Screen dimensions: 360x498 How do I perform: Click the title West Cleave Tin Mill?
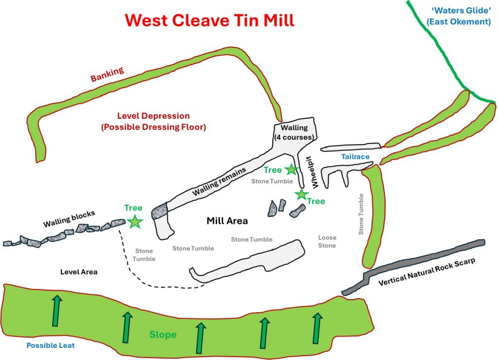pyautogui.click(x=210, y=20)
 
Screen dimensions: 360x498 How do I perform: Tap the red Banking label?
pyautogui.click(x=107, y=74)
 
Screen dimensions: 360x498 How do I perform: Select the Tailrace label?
pyautogui.click(x=355, y=157)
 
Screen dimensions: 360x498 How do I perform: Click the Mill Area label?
pyautogui.click(x=227, y=221)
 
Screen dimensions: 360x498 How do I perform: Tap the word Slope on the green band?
pyautogui.click(x=163, y=335)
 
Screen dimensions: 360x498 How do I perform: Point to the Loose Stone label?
pyautogui.click(x=327, y=242)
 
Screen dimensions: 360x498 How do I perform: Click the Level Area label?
pyautogui.click(x=79, y=272)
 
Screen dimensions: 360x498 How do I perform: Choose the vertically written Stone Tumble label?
pyautogui.click(x=361, y=214)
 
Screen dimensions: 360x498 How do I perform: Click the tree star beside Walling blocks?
pyautogui.click(x=135, y=222)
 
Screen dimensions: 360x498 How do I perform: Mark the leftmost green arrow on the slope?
pyautogui.click(x=57, y=310)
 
